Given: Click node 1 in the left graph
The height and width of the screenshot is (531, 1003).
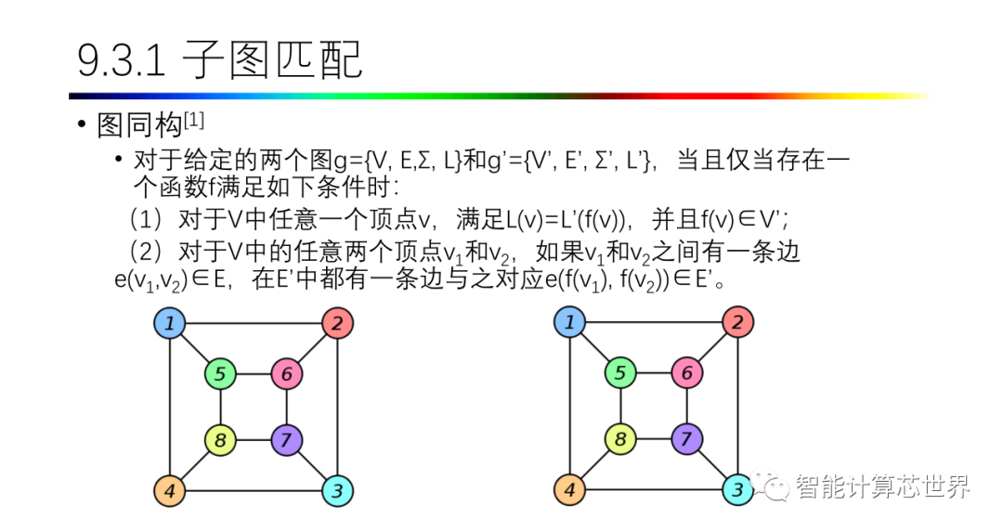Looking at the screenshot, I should pos(170,324).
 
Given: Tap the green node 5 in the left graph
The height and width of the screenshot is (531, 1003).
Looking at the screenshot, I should pos(220,375).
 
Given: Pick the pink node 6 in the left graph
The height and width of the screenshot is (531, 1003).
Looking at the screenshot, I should pos(287,375).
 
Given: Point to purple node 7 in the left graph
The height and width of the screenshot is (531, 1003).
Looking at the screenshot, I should pos(287,438).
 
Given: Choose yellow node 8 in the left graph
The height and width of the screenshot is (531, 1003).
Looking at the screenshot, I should pos(220,439).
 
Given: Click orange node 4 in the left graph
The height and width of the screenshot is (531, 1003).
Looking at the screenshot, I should pos(170,489).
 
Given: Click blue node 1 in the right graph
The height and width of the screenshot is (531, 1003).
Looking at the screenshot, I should pos(569,323).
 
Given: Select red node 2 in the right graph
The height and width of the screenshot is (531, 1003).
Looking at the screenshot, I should pos(737,323).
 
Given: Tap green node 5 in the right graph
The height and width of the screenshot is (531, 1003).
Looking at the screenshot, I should pos(619,374).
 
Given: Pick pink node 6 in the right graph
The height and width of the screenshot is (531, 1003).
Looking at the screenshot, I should pos(686,374).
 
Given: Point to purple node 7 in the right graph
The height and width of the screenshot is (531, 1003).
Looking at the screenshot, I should pos(686,438).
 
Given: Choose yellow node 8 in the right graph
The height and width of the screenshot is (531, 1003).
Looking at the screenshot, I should pos(619,438).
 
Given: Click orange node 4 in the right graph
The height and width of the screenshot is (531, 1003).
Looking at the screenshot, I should pos(569,489).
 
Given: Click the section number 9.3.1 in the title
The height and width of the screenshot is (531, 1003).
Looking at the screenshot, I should pos(122,61).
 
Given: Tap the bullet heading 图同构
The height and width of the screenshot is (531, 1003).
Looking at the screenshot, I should pos(139,125).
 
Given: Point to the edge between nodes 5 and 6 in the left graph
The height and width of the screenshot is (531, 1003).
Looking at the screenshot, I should pos(254,375).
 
